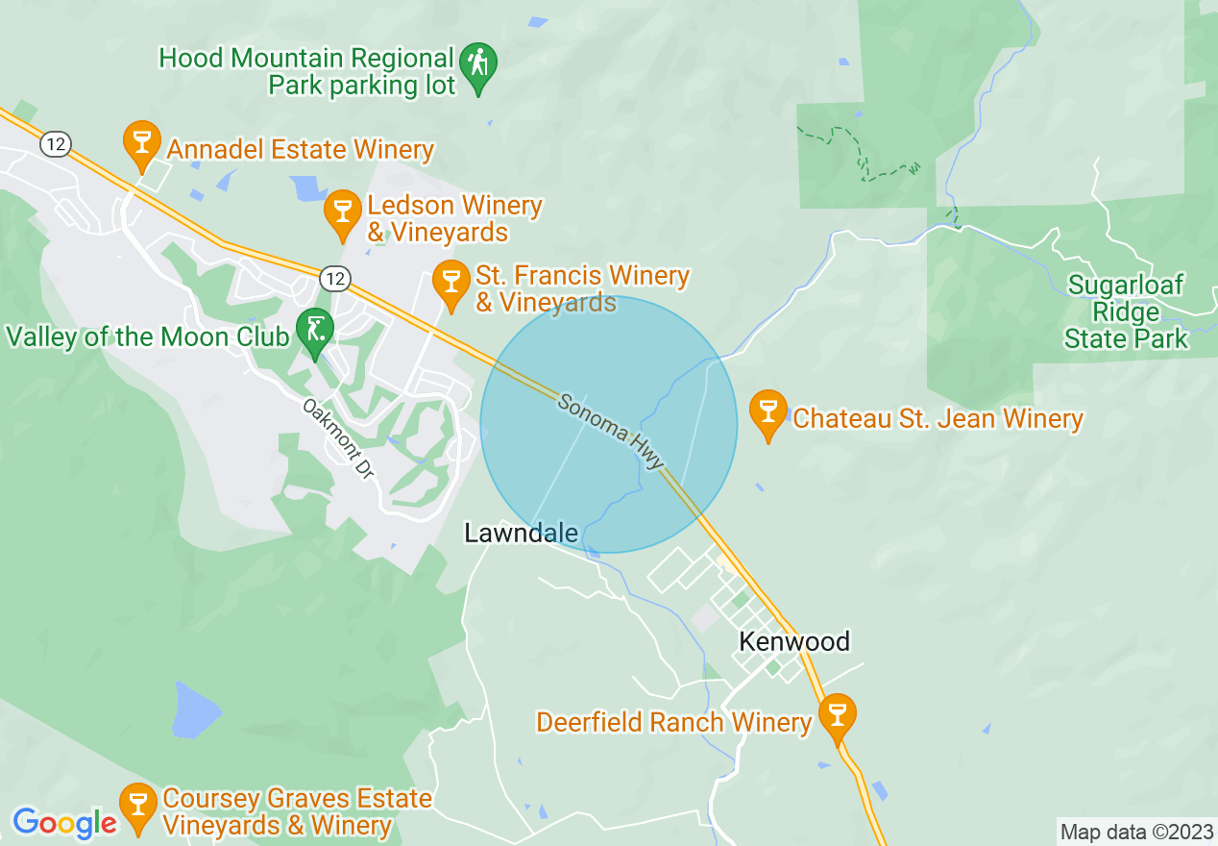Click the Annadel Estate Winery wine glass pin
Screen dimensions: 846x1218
coord(141,142)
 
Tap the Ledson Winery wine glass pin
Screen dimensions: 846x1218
coord(342,213)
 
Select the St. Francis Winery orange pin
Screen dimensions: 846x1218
coord(450,283)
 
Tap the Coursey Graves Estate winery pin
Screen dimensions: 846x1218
coord(137,806)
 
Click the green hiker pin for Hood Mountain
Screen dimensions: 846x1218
coord(478,65)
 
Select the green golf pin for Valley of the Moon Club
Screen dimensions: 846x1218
coord(314,331)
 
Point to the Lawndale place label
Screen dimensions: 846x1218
coord(521,533)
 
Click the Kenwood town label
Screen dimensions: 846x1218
coord(794,641)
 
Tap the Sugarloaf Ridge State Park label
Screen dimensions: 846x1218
coord(1126,312)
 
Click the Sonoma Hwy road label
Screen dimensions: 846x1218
coord(611,431)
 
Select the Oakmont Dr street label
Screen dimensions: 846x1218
coord(337,440)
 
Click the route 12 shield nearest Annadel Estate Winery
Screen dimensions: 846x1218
coord(55,144)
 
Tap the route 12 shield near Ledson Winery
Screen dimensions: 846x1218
coord(333,279)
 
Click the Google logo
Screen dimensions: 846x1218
coord(64,823)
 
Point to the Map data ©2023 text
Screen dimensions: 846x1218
coord(1134,832)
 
